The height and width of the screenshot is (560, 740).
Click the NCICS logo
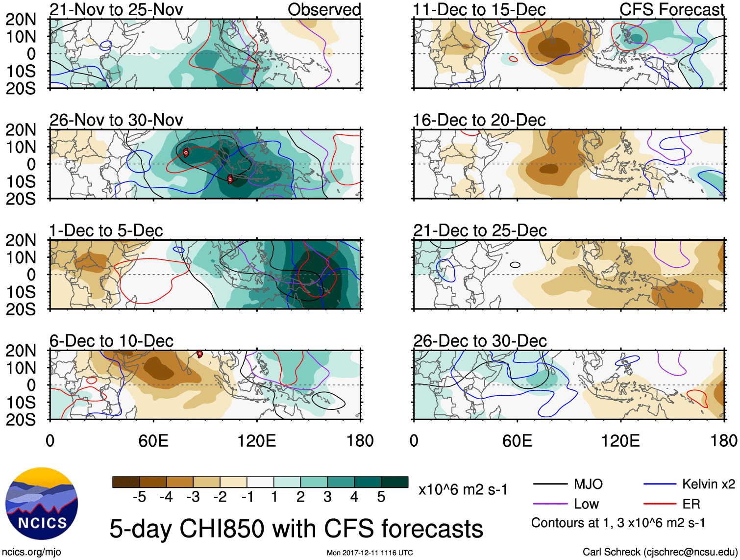coord(42,504)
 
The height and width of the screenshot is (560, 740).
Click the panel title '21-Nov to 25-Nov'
coord(116,9)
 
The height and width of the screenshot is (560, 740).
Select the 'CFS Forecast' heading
coord(671,9)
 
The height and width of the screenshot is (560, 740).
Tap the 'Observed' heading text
coord(324,9)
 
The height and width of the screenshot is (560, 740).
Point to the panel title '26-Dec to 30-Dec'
coord(480,341)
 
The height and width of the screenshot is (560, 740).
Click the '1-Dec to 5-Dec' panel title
coord(106,230)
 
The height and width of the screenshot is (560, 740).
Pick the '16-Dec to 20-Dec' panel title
coord(479,120)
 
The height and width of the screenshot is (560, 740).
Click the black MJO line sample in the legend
coord(550,484)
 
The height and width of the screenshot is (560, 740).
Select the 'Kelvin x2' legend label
coord(708,484)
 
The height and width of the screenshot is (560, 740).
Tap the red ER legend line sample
coord(660,504)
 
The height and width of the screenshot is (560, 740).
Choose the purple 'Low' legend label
coord(586,504)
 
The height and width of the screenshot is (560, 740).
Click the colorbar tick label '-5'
coord(139,497)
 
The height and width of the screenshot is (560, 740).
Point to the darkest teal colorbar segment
coord(395,482)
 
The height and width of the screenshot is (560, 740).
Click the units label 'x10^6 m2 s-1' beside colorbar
coord(463,489)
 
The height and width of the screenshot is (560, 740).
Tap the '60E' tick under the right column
coord(517,440)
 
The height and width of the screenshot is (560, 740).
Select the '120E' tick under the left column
coord(256,440)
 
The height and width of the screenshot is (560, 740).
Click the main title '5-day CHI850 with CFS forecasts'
coord(296,529)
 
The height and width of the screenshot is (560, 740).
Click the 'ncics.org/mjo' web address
coord(31,552)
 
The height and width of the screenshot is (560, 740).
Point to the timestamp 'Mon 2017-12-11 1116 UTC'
coord(370,553)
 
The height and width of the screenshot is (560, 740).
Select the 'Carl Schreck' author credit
coord(660,552)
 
